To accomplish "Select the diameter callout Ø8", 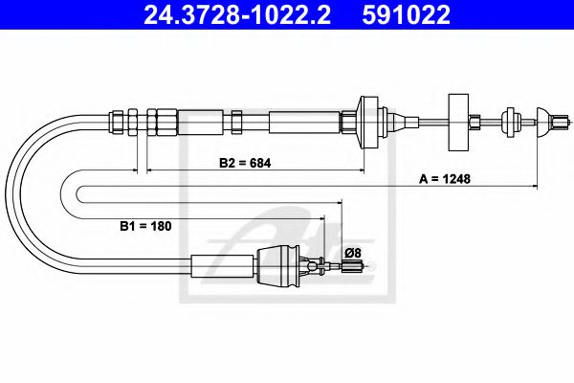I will [x=352, y=252].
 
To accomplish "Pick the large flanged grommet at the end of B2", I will [x=367, y=121].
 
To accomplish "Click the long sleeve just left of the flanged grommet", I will [x=304, y=122].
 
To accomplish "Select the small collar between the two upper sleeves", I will [x=235, y=121].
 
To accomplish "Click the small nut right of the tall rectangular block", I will [x=475, y=121].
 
